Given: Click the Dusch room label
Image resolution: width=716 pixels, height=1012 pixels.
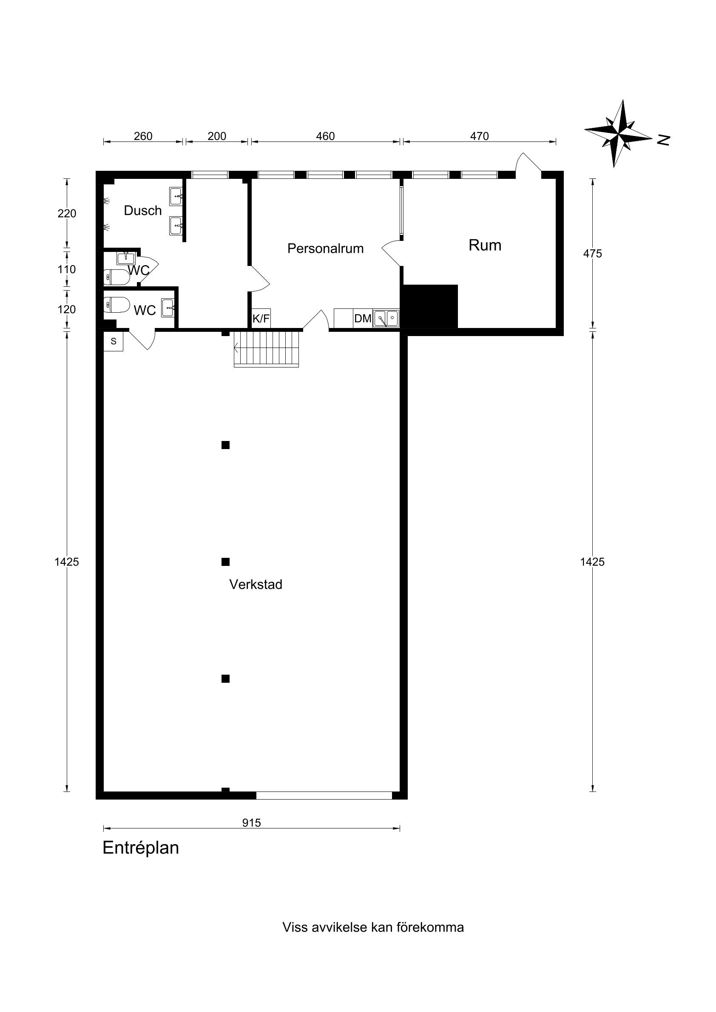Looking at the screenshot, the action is (142, 211).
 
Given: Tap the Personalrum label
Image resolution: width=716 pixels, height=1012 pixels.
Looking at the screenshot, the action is (326, 249).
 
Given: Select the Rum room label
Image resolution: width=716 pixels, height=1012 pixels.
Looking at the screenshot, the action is (485, 245).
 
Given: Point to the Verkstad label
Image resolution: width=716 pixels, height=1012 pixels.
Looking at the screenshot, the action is (256, 585).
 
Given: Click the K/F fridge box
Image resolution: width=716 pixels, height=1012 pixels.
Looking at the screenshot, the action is (261, 318).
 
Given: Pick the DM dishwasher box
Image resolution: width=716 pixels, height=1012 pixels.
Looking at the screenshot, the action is (363, 318).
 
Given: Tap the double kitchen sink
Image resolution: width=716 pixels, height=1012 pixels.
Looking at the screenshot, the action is (386, 318).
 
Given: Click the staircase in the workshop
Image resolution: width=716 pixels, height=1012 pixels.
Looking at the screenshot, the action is (267, 349).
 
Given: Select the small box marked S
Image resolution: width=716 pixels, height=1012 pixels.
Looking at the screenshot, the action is (114, 341).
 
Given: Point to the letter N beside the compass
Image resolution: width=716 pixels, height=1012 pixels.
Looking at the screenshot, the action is (664, 140).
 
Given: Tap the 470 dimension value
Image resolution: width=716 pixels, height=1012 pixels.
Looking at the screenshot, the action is (479, 136).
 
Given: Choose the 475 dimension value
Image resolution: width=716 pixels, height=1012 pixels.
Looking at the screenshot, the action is (592, 254).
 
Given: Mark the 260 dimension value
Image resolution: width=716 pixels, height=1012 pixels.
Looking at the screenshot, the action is (143, 136).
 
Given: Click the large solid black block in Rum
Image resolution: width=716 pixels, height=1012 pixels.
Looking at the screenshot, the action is (431, 307).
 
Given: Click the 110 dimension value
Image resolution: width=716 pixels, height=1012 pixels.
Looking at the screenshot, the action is (67, 269).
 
